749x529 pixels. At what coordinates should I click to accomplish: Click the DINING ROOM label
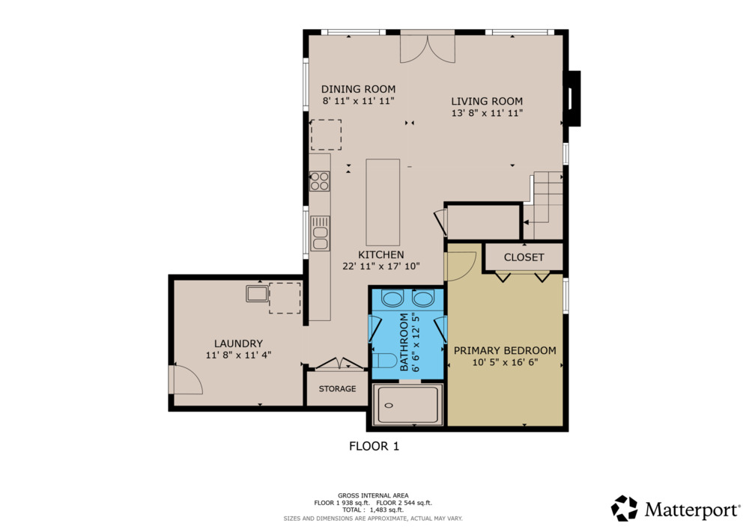coord(358,89)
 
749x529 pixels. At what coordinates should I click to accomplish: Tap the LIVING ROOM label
coord(487,101)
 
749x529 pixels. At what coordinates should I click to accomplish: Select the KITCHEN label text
coord(380,254)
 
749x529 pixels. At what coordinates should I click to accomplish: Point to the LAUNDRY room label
coord(238,343)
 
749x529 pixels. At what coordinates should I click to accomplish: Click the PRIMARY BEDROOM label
coord(505,351)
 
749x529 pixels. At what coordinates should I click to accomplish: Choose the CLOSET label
coord(524,257)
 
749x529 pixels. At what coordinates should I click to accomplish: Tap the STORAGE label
coord(337,389)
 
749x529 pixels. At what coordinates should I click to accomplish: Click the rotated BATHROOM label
coord(404,342)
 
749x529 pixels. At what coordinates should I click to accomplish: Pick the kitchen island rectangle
coord(383,202)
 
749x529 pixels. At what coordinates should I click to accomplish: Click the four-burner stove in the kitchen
coord(320,181)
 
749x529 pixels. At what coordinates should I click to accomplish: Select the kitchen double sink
coord(320,233)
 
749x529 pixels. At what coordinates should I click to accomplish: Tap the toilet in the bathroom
coord(384,361)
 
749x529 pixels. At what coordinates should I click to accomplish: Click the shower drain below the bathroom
coord(389,406)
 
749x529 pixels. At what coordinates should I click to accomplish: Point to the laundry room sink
coord(257,293)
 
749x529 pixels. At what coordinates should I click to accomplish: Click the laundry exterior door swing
coord(187,379)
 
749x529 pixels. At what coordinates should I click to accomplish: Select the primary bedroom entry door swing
coord(461,266)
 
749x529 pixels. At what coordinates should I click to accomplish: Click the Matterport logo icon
coord(624,508)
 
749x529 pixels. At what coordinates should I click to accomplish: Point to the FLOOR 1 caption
coord(374,447)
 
